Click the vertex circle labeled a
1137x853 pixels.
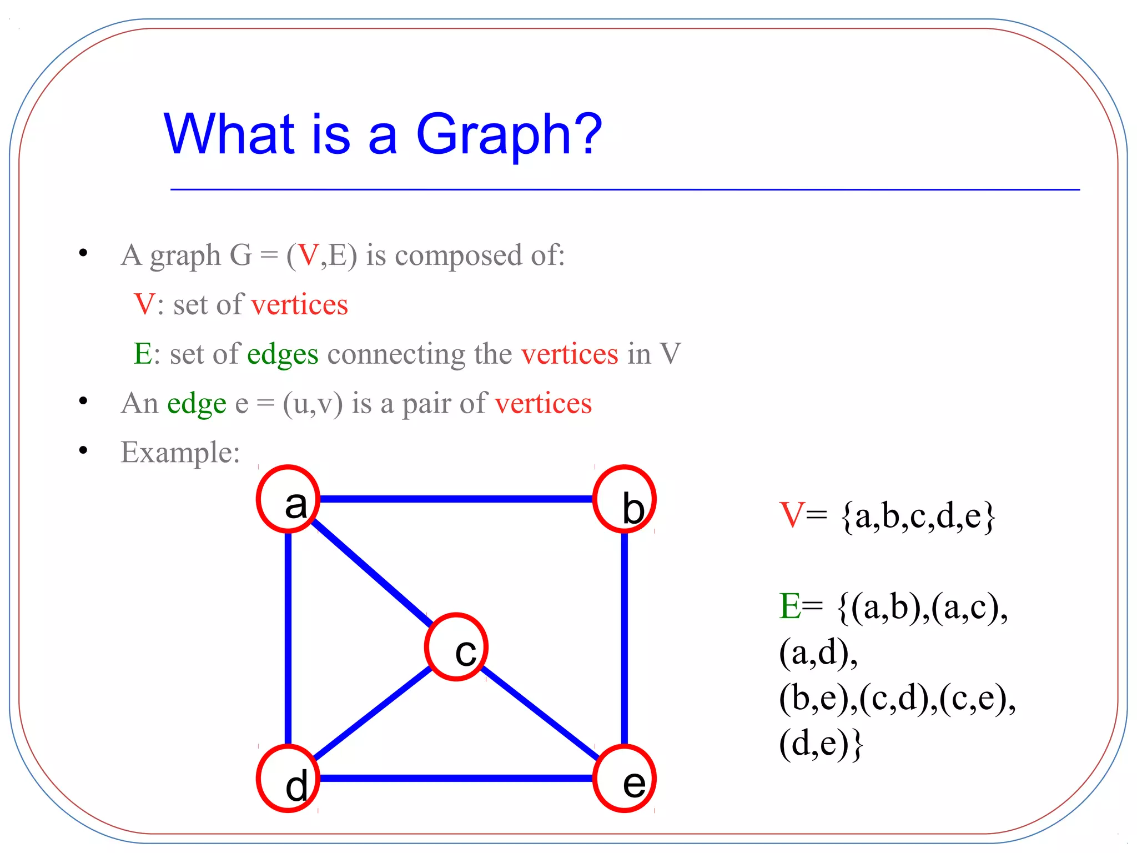tap(288, 499)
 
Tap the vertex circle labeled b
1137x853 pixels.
tap(625, 499)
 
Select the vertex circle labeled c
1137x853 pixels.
tap(456, 646)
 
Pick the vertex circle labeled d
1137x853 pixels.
tap(288, 779)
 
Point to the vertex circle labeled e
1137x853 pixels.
tap(625, 779)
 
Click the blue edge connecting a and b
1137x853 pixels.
tap(456, 499)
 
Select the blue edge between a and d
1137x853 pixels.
tap(288, 639)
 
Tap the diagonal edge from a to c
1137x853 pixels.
tap(369, 570)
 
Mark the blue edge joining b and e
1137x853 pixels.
tap(625, 639)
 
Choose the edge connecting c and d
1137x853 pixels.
tap(372, 713)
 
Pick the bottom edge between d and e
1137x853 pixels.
tap(456, 779)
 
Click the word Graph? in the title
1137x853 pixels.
tap(509, 135)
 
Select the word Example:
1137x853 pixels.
tap(180, 452)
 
